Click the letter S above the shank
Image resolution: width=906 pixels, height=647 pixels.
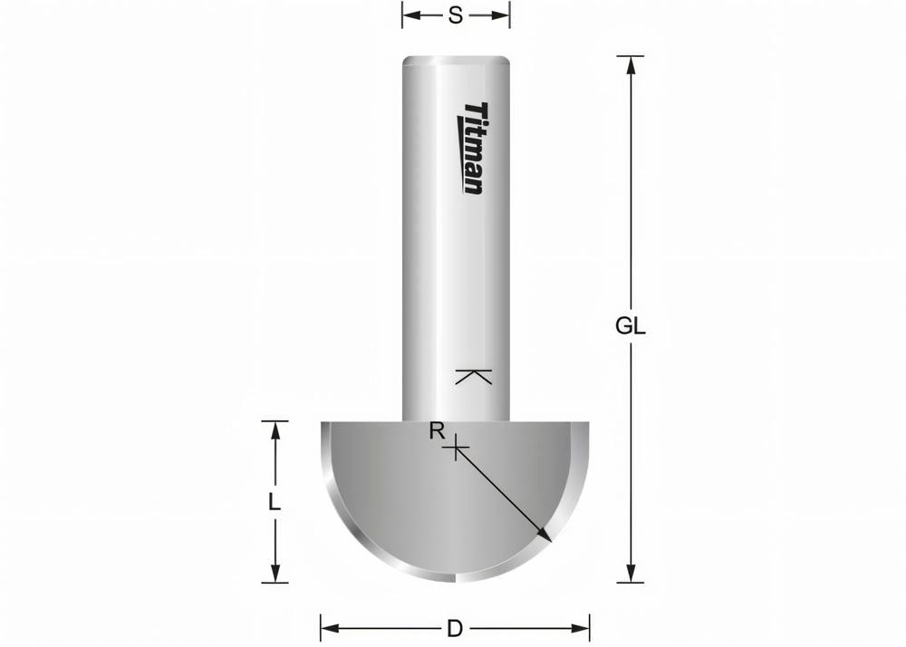point(456,14)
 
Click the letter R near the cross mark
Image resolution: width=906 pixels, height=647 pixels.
point(437,431)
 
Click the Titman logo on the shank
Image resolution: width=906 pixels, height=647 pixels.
point(473,147)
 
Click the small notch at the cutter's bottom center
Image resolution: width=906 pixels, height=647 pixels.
point(455,576)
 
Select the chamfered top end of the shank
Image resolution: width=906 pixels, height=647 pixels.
point(456,61)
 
